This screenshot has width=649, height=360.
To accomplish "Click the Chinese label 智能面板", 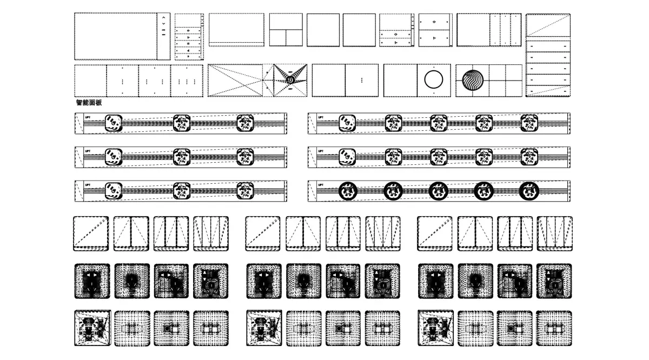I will (89, 102).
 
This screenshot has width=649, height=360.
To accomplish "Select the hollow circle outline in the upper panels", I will (433, 79).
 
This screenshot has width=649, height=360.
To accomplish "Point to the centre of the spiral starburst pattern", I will (291, 80).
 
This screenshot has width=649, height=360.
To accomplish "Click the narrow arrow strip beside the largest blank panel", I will (164, 36).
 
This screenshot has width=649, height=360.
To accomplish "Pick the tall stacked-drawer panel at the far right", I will (548, 55).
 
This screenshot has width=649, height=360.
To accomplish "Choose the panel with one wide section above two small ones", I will (286, 30).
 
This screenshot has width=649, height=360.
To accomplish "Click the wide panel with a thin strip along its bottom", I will (236, 30).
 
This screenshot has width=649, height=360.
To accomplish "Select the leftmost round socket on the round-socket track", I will (348, 191).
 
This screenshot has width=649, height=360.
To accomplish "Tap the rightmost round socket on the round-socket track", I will (529, 191).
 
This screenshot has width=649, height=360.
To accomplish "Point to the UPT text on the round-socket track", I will (321, 185).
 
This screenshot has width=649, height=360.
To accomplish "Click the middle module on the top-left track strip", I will (182, 124).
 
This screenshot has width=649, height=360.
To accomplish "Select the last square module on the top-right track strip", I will (529, 124).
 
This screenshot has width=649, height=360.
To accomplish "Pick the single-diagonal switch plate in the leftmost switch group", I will (91, 233).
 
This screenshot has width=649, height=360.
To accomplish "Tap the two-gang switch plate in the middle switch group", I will (303, 233).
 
